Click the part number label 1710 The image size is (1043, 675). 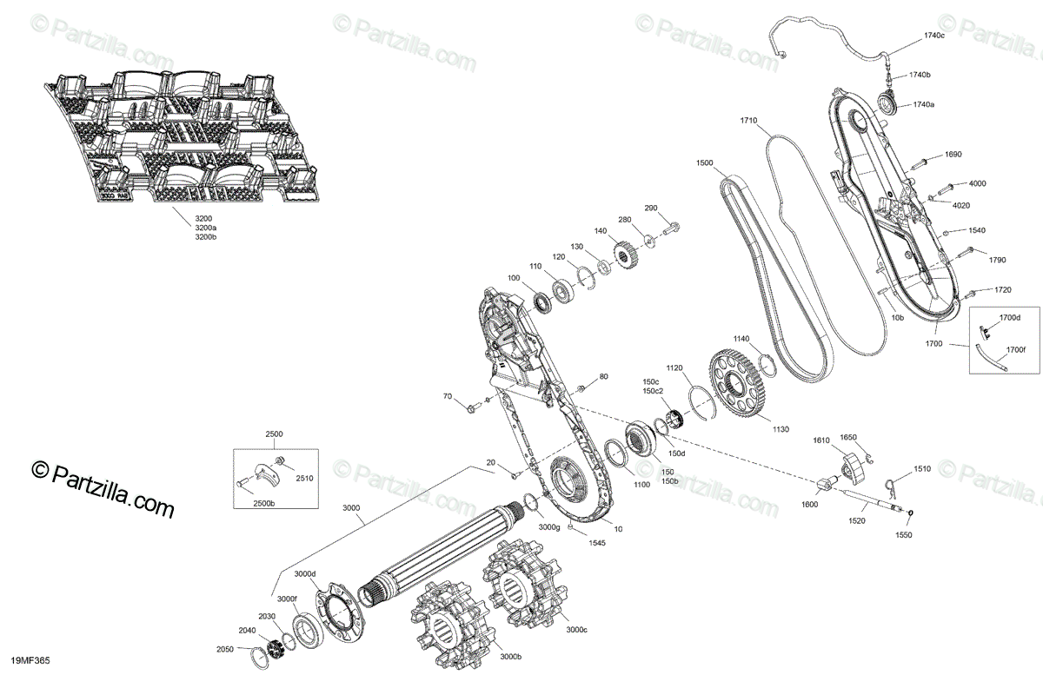[x=748, y=120]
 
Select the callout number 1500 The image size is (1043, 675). [x=704, y=163]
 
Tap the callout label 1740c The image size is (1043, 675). [x=933, y=36]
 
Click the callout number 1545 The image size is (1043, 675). [x=571, y=543]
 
